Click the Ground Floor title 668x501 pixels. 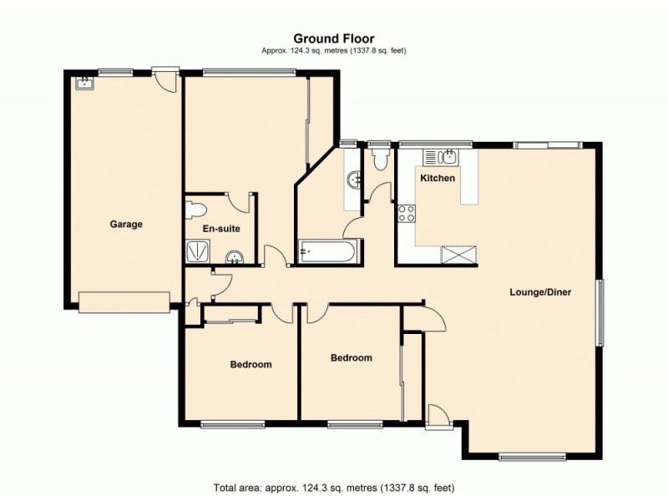(x=333, y=38)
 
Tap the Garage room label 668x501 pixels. (x=126, y=224)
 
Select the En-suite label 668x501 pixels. (x=219, y=228)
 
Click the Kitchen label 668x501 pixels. (x=438, y=179)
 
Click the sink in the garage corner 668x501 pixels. (x=83, y=82)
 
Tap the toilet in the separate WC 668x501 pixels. (x=382, y=158)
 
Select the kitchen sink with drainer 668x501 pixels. (x=439, y=156)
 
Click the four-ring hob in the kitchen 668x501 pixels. (x=407, y=214)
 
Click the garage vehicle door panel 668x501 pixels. (x=124, y=301)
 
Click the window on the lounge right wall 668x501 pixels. (x=600, y=312)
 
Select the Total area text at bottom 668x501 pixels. (x=333, y=487)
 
